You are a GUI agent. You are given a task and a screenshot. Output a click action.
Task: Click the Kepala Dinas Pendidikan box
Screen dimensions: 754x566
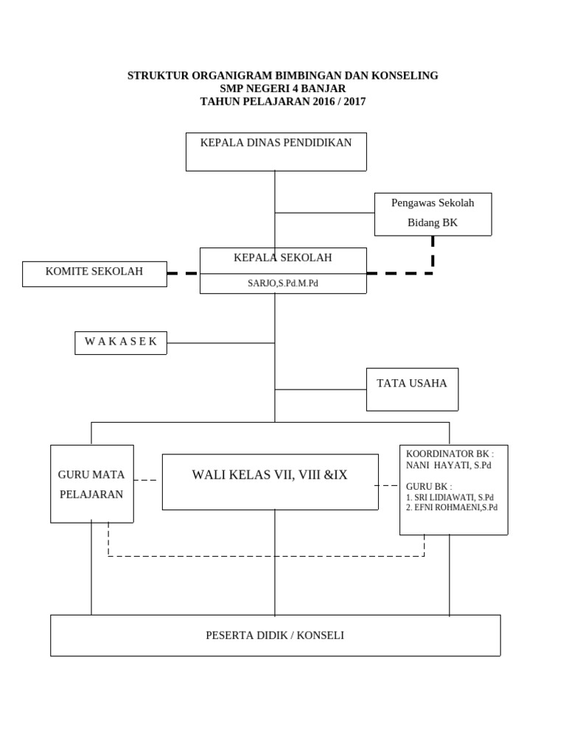(276, 152)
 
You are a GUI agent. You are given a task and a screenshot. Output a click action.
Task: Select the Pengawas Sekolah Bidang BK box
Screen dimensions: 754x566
(433, 214)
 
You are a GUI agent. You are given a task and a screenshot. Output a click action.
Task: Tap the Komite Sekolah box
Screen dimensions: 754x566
(94, 273)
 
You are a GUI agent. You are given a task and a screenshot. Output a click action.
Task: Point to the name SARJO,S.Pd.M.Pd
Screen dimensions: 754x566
(283, 283)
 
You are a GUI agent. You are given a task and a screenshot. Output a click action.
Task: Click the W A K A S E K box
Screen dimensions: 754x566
(121, 342)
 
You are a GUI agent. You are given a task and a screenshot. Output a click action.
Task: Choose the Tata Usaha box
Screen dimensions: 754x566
(412, 390)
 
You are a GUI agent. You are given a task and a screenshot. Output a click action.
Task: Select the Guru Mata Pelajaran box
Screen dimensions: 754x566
(91, 484)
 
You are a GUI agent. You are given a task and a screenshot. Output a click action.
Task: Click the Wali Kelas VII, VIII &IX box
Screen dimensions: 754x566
(270, 482)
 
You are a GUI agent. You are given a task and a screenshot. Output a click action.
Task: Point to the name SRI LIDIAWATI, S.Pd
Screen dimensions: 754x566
(453, 497)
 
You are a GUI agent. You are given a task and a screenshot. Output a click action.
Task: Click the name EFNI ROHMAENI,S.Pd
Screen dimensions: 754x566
(455, 507)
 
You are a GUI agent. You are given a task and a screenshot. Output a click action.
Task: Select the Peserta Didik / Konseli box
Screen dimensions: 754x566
(275, 635)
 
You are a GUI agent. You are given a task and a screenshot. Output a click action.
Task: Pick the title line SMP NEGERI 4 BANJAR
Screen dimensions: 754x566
(283, 88)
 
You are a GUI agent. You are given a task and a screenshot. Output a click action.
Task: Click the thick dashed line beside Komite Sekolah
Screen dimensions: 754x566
(183, 273)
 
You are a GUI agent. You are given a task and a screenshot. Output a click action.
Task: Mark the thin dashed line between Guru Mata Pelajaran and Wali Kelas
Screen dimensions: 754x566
(145, 480)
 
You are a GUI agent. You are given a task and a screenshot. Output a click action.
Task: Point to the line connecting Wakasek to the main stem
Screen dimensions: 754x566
(220, 343)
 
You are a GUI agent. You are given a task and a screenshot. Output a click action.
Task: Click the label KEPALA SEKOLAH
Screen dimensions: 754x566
(283, 258)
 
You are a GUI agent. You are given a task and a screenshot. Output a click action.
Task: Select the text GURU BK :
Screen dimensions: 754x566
(429, 487)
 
